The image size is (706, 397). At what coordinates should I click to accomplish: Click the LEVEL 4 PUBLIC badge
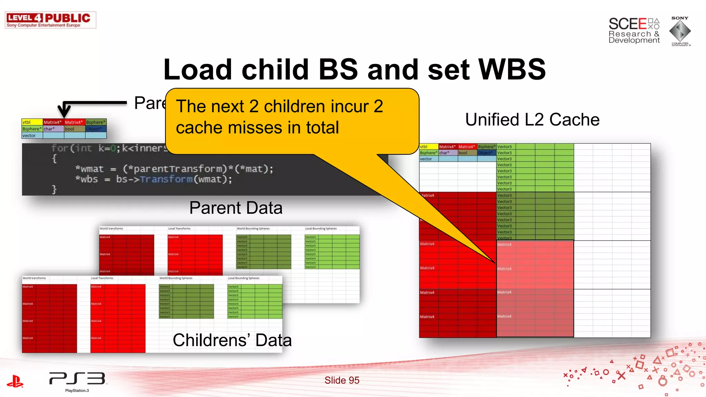(x=50, y=20)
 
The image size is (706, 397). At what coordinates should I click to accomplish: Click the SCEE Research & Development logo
(x=634, y=31)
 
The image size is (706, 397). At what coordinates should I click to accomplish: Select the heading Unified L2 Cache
(x=532, y=120)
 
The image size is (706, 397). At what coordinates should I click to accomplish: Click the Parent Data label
(x=236, y=208)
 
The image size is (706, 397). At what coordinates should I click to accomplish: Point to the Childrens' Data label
(x=232, y=340)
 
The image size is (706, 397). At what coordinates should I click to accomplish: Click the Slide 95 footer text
(x=342, y=380)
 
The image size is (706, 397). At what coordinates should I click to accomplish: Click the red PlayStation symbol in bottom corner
(x=15, y=381)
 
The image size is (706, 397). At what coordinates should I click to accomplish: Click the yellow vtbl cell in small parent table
(x=32, y=122)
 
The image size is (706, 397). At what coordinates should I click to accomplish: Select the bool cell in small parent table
(x=74, y=129)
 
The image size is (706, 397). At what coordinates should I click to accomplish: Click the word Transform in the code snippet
(x=166, y=179)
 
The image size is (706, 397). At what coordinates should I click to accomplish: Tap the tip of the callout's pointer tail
(x=495, y=263)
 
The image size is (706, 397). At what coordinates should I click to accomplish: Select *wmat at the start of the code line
(x=89, y=169)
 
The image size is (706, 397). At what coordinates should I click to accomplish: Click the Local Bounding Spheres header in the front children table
(x=243, y=278)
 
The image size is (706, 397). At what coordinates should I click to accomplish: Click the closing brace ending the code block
(x=54, y=189)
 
